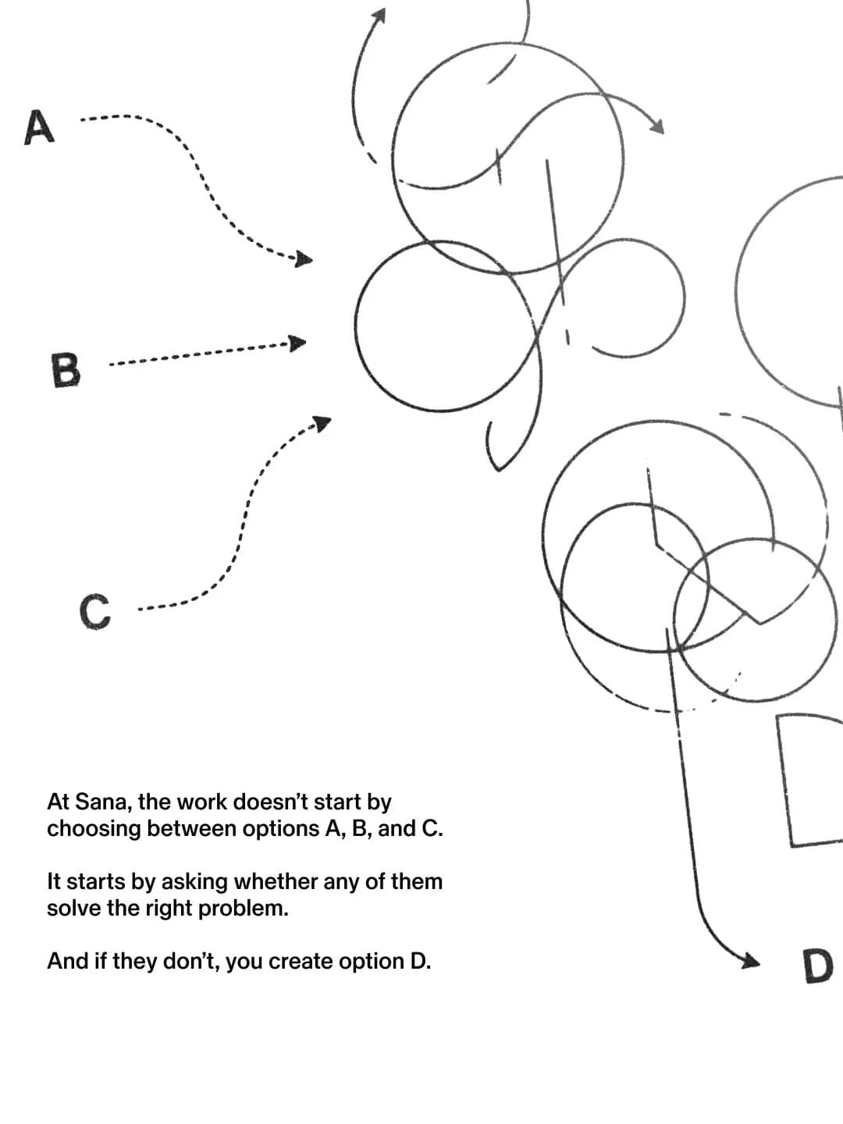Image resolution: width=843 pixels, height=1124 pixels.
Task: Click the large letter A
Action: click(x=39, y=127)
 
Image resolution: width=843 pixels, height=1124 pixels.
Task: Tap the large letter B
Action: click(x=66, y=370)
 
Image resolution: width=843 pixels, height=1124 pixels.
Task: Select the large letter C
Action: click(x=95, y=611)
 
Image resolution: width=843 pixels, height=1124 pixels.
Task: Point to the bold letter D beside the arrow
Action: click(x=818, y=966)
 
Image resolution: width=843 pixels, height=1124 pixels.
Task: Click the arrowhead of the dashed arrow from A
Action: click(x=304, y=259)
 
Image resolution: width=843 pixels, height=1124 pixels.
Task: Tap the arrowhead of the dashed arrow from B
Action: click(x=297, y=343)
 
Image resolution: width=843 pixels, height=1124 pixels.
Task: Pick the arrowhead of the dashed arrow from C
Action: click(x=322, y=423)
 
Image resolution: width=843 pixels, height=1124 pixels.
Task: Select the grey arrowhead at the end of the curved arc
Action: click(x=656, y=126)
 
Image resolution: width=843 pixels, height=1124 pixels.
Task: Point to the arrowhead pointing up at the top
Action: click(x=379, y=16)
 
